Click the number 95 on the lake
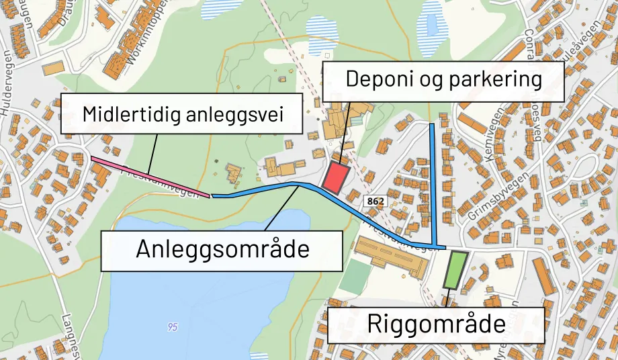tap(173, 327)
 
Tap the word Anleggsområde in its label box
tap(222, 249)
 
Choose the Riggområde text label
tap(436, 324)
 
